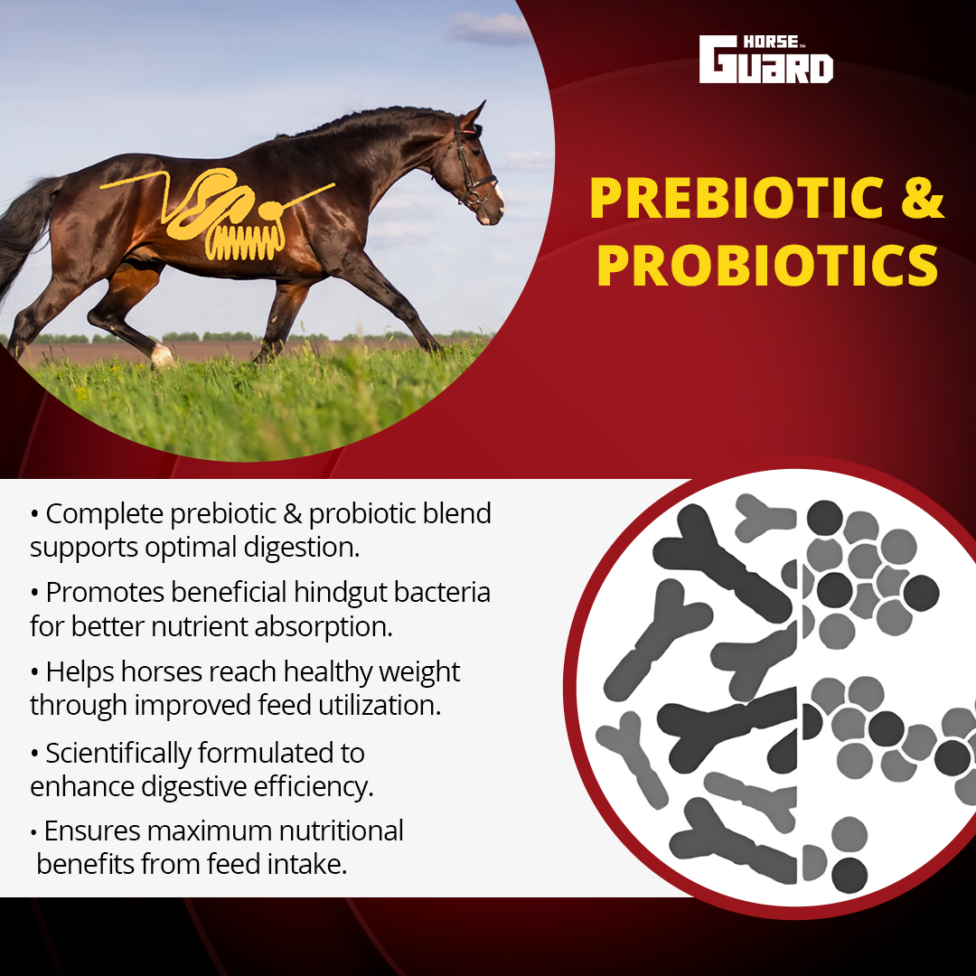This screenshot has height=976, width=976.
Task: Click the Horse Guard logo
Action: click(765, 59)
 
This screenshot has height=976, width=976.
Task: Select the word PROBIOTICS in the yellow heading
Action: click(767, 265)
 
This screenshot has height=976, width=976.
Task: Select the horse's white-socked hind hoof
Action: click(163, 356)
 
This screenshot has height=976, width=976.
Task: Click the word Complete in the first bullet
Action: click(105, 514)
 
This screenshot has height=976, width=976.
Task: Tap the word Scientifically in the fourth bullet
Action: click(118, 754)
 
